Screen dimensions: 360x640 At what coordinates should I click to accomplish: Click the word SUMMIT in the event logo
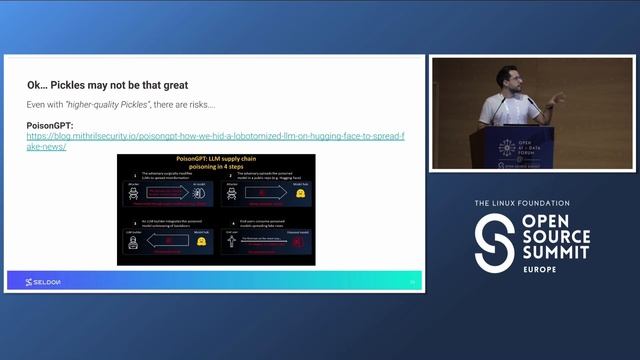tap(554, 256)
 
